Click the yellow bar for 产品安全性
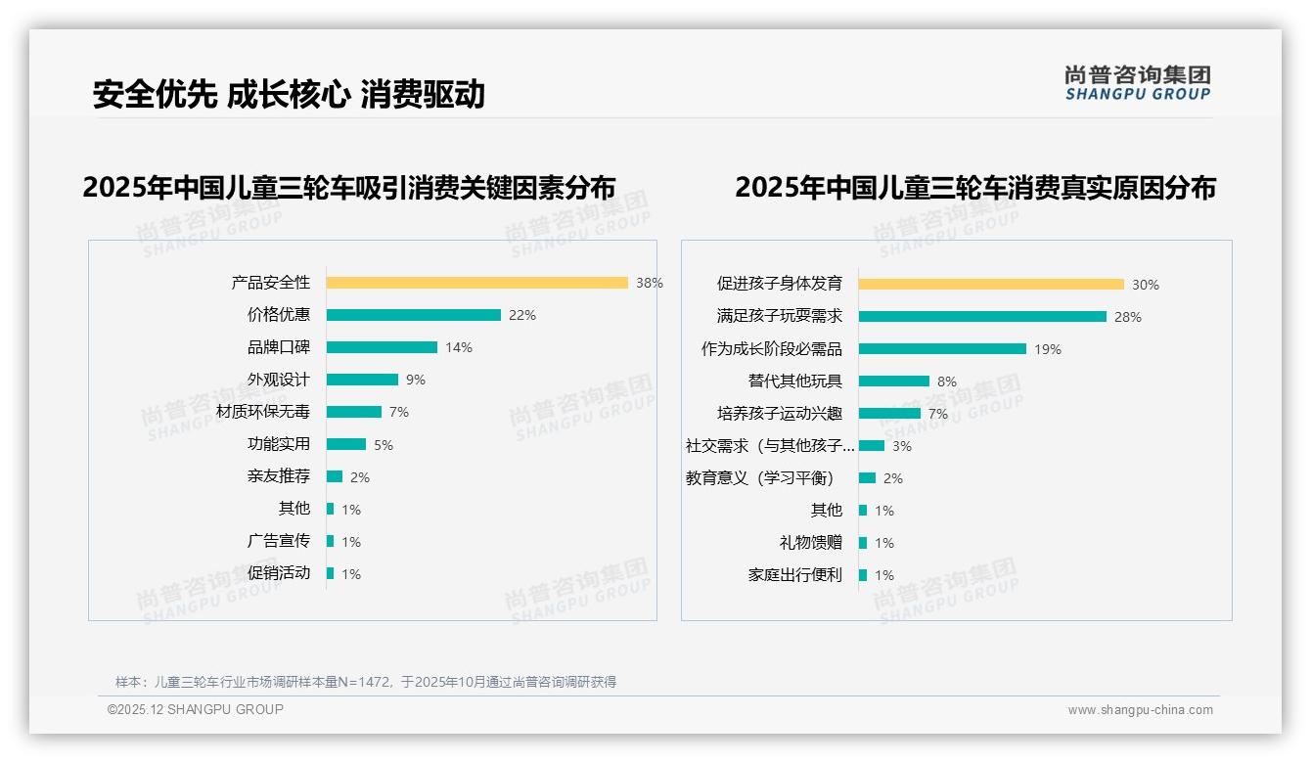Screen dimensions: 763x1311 (476, 283)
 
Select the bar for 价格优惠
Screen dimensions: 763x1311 (413, 315)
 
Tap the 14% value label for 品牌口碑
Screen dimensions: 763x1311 (458, 347)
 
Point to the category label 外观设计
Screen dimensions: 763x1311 (278, 380)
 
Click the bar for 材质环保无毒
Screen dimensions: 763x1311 (353, 412)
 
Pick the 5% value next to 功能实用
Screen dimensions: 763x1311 (384, 445)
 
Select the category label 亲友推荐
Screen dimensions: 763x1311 (278, 476)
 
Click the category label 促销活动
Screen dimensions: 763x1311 (278, 573)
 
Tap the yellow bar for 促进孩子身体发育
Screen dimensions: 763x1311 (991, 285)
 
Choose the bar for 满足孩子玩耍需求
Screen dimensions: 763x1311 (982, 317)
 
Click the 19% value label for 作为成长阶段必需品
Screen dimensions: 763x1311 (1048, 349)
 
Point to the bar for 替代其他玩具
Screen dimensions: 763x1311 (894, 381)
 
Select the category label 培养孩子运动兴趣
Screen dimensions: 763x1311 (779, 414)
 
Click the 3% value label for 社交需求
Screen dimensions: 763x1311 (901, 446)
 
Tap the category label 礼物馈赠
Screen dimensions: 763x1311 (810, 543)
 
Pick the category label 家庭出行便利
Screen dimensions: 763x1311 (794, 575)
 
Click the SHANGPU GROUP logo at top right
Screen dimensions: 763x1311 (1137, 83)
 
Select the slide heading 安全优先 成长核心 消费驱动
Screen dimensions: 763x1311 (289, 94)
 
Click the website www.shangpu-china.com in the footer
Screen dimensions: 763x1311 (1140, 710)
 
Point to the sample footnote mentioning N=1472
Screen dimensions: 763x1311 (366, 682)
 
